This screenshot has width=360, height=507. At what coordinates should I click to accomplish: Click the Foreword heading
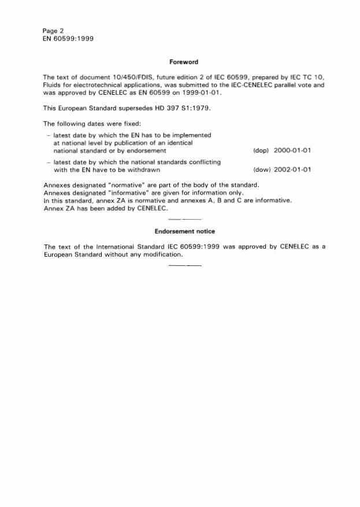coord(184,62)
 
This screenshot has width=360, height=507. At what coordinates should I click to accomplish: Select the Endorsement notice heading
coord(184,231)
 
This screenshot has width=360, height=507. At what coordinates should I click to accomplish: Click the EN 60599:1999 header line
coord(68,39)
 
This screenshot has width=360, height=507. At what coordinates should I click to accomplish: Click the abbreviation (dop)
coord(261,150)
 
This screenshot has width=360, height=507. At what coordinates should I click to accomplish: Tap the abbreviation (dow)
coord(262,170)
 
